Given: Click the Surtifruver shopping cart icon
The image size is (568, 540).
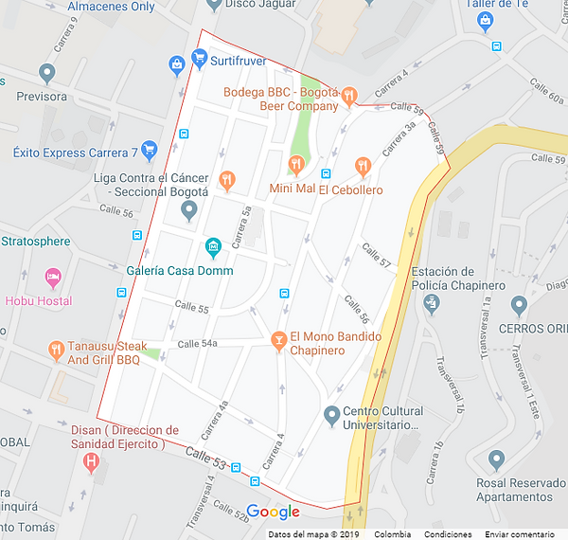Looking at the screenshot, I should [x=199, y=60].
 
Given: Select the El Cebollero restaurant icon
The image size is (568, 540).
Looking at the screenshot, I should [x=363, y=166].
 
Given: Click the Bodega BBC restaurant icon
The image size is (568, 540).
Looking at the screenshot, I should [x=349, y=94].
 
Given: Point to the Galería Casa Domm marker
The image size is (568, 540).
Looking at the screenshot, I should [x=213, y=248].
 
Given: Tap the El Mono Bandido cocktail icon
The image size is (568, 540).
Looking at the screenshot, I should [x=278, y=339].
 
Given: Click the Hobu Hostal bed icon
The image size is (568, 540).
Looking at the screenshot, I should [x=53, y=279].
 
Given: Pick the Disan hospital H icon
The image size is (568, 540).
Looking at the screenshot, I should [x=92, y=463].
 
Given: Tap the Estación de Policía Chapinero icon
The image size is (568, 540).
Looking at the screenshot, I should [x=432, y=302].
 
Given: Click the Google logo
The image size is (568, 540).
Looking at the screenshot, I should [x=274, y=513].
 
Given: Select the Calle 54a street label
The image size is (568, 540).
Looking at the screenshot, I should [x=197, y=343].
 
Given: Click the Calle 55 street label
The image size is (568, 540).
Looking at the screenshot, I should [x=191, y=308].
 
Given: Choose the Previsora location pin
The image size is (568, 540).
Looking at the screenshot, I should [x=46, y=72].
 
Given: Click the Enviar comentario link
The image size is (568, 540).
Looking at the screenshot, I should [x=520, y=534].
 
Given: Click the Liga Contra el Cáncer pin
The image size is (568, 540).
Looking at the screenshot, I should [x=188, y=208].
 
